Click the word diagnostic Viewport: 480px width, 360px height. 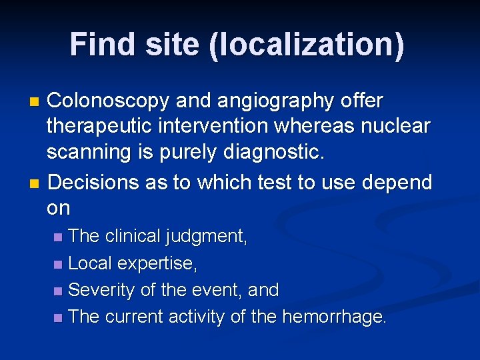tap(273, 153)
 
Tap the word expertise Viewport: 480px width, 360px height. tap(157, 263)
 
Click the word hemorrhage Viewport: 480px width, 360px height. tap(334, 317)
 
